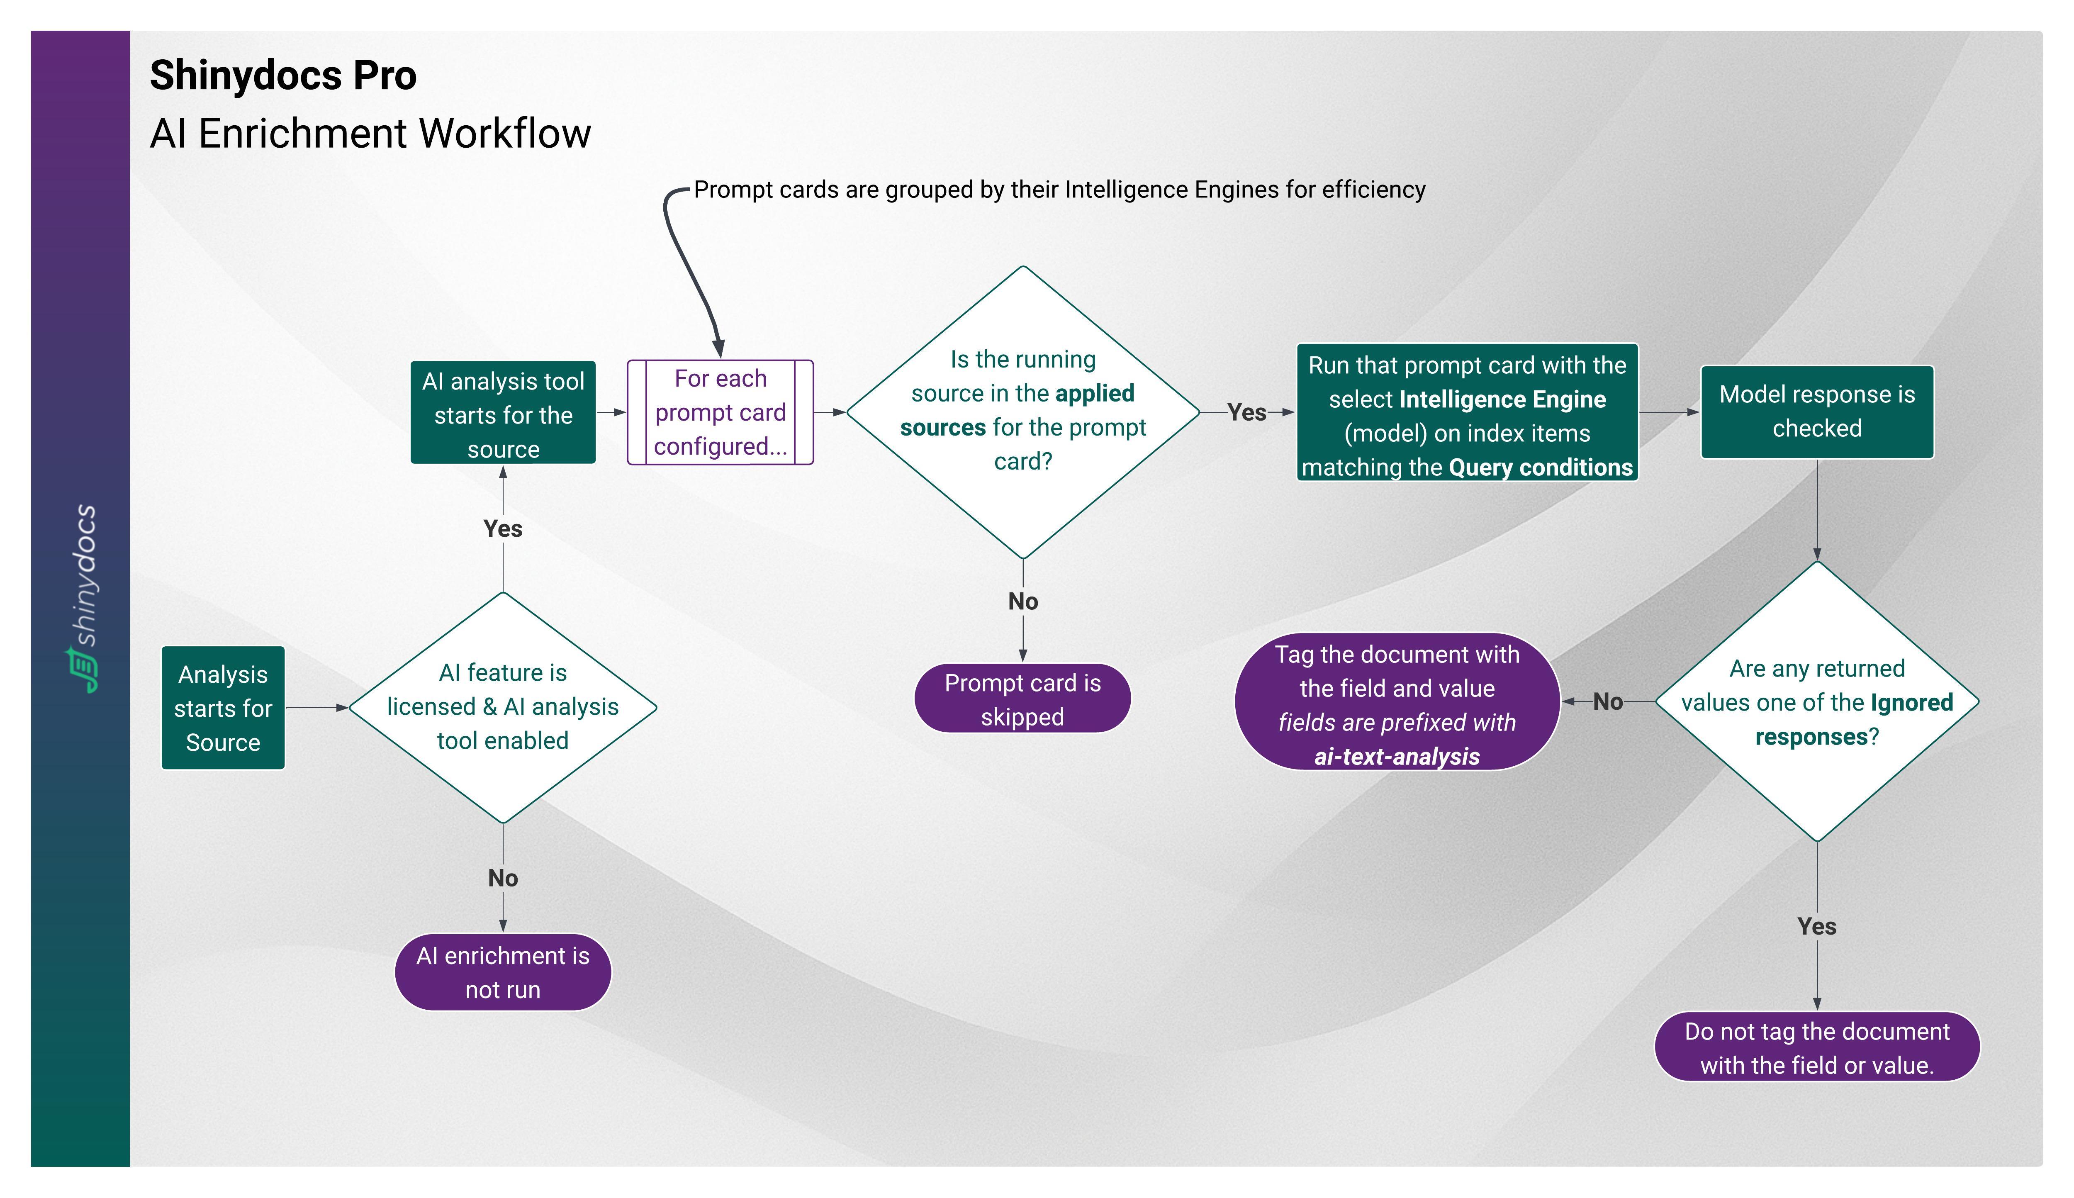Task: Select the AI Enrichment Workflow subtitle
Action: (370, 133)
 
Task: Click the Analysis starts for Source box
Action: (223, 708)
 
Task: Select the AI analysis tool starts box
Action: (503, 413)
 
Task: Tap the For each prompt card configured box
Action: (720, 412)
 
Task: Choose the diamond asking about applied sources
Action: (1022, 412)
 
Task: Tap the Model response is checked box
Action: (1816, 412)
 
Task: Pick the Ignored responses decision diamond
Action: (1816, 702)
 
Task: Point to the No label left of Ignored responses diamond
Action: (1607, 702)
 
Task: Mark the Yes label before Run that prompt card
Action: (1246, 412)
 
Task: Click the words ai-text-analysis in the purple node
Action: (1397, 756)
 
